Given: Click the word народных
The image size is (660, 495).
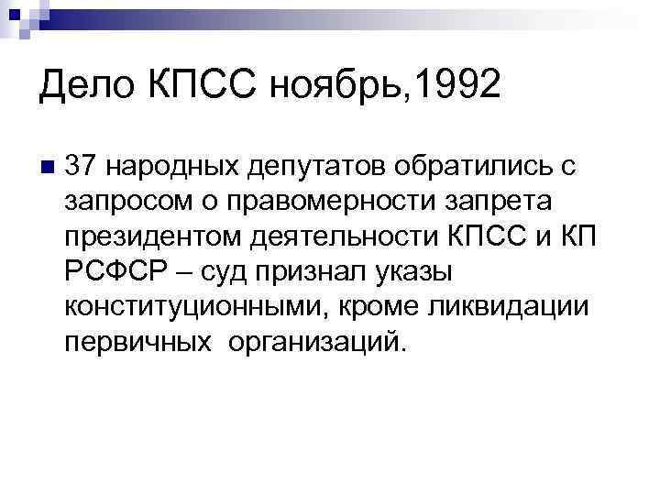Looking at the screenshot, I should point(171,167).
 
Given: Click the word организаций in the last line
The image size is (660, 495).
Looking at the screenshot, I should point(302,343).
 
